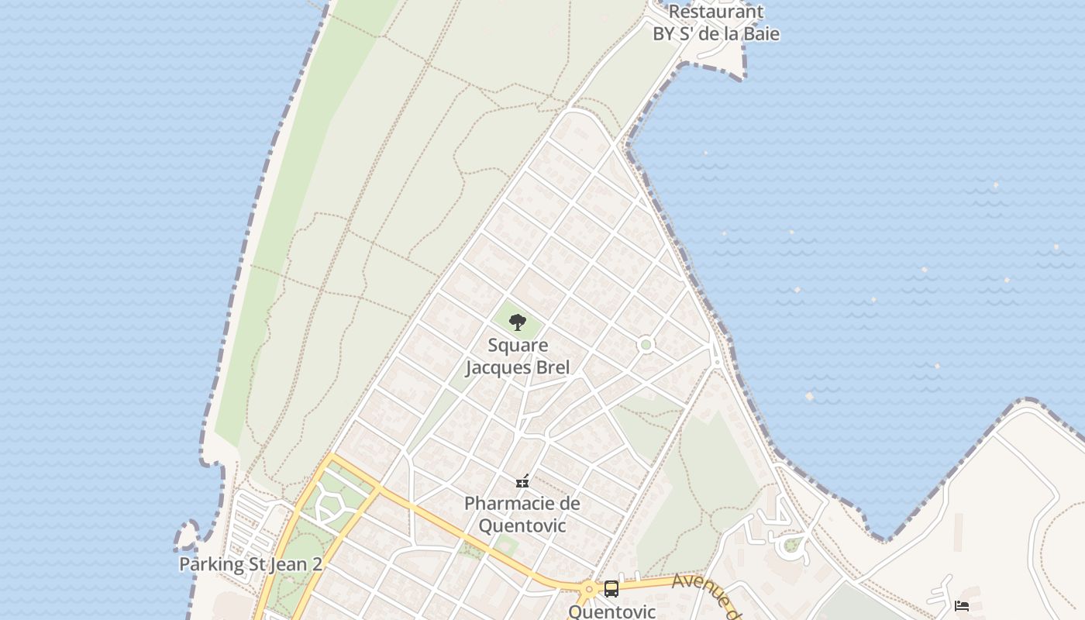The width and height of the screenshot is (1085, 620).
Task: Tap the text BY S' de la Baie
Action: pyautogui.click(x=715, y=34)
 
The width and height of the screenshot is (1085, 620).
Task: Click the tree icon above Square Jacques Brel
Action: pyautogui.click(x=517, y=322)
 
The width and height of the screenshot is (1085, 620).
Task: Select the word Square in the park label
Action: pyautogui.click(x=518, y=346)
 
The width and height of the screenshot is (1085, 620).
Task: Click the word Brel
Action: pyautogui.click(x=553, y=367)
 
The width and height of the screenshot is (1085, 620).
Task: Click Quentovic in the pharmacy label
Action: pyautogui.click(x=522, y=525)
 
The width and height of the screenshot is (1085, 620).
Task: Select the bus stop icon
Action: pyautogui.click(x=611, y=589)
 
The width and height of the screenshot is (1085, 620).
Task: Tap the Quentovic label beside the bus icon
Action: pyautogui.click(x=611, y=611)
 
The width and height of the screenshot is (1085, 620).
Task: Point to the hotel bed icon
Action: pyautogui.click(x=962, y=605)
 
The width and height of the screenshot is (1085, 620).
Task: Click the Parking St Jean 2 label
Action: pyautogui.click(x=250, y=564)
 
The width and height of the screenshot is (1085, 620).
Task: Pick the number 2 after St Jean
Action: pyautogui.click(x=316, y=564)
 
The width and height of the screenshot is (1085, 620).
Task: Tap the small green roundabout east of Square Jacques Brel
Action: pyautogui.click(x=646, y=344)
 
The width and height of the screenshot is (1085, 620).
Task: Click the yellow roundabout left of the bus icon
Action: pyautogui.click(x=589, y=589)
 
